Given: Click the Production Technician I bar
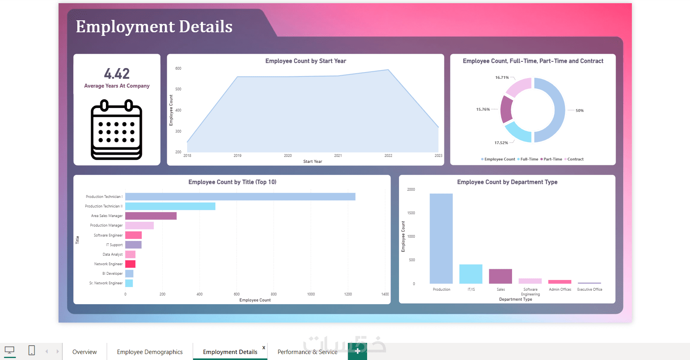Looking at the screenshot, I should [x=240, y=197].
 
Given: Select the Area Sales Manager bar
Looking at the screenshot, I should [x=151, y=216].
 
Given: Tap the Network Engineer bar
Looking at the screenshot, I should [x=130, y=264].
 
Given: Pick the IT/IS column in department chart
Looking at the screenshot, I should [x=471, y=274].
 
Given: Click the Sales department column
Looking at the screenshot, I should [x=500, y=276].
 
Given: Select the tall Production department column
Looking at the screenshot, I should [x=441, y=239].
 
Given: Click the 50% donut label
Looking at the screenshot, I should [x=579, y=111].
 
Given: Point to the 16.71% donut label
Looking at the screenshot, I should [x=502, y=78].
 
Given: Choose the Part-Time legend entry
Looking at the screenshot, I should [x=553, y=159].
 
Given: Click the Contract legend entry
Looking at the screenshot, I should [x=575, y=159].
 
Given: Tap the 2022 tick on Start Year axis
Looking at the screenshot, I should [x=388, y=156].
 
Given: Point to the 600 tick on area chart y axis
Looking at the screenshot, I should [x=178, y=68].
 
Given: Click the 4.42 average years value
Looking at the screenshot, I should [x=117, y=74].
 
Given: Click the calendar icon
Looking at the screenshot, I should [x=117, y=130].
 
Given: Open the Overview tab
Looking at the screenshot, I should [x=84, y=352].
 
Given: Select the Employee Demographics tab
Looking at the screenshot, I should [x=150, y=352].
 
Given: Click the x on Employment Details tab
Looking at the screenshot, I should [x=264, y=348].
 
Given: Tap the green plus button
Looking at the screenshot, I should [x=357, y=351].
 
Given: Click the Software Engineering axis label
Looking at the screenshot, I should [x=530, y=292].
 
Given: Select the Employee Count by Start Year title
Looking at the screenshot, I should [x=305, y=61].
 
